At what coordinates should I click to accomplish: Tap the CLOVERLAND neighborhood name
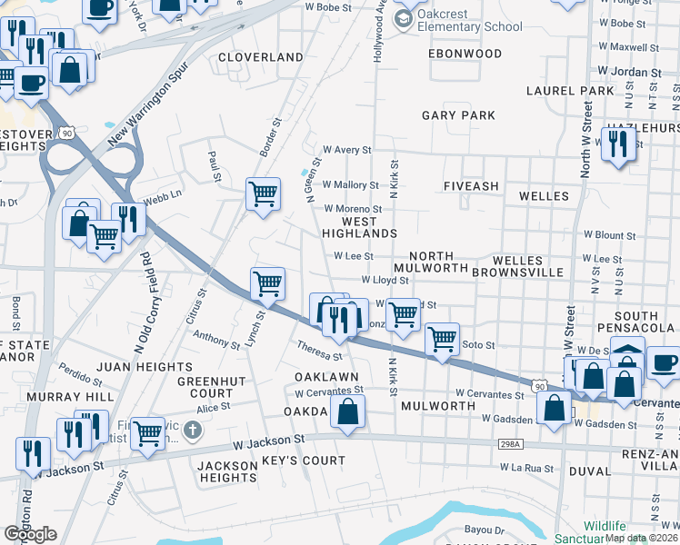[x=261, y=57]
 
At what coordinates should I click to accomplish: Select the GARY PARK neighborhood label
[x=459, y=115]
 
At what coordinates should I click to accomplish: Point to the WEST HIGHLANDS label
[x=358, y=227]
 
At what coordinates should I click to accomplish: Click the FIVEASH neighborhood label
[x=471, y=186]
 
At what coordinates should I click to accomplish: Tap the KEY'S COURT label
[x=303, y=461]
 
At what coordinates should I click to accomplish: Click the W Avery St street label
[x=347, y=150]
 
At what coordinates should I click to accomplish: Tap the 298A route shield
[x=511, y=443]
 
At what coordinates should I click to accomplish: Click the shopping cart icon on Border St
[x=263, y=193]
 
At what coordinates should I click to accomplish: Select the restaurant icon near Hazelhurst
[x=618, y=143]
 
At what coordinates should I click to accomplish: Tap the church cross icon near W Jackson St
[x=192, y=429]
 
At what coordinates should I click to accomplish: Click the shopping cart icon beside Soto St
[x=442, y=339]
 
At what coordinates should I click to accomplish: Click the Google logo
[x=30, y=534]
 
